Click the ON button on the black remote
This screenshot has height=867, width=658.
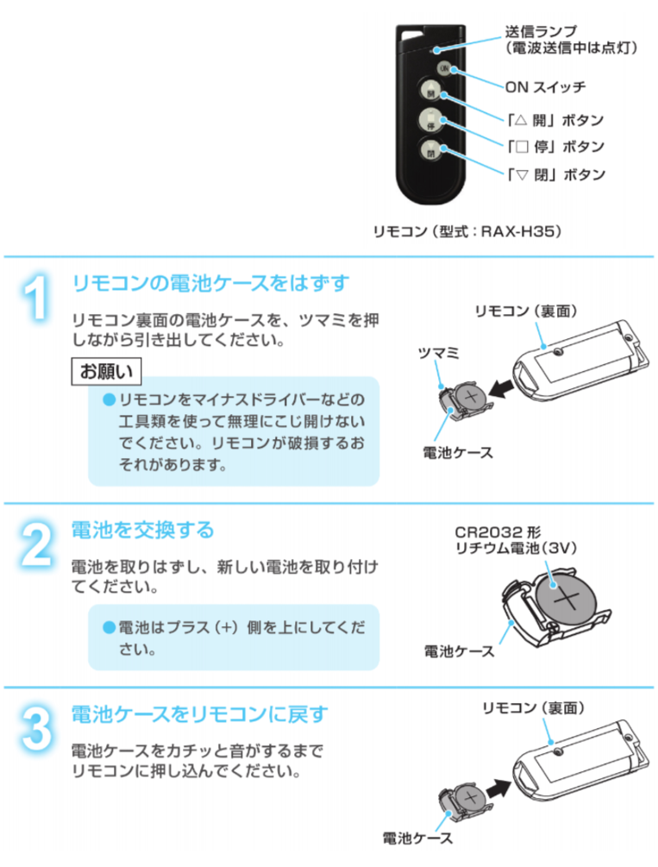pos(444,68)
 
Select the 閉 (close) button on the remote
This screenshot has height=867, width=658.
pos(430,150)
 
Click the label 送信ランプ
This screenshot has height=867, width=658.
pos(541,32)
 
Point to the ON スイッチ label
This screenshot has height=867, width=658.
pos(545,87)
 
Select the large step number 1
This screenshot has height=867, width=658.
pos(36,297)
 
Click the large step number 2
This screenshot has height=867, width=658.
pos(37,544)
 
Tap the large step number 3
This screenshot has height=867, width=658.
pos(37,729)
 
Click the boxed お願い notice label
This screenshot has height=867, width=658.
pos(106,371)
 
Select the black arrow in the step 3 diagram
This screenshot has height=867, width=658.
pos(500,788)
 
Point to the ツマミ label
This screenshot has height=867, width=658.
pos(438,352)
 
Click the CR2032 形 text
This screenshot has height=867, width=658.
pos(498,532)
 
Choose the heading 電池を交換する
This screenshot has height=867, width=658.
pos(142,530)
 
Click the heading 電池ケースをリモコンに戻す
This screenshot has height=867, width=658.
pos(199,714)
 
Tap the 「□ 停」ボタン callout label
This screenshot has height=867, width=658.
pos(555,147)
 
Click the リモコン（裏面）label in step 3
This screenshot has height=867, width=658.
pos(533,707)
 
